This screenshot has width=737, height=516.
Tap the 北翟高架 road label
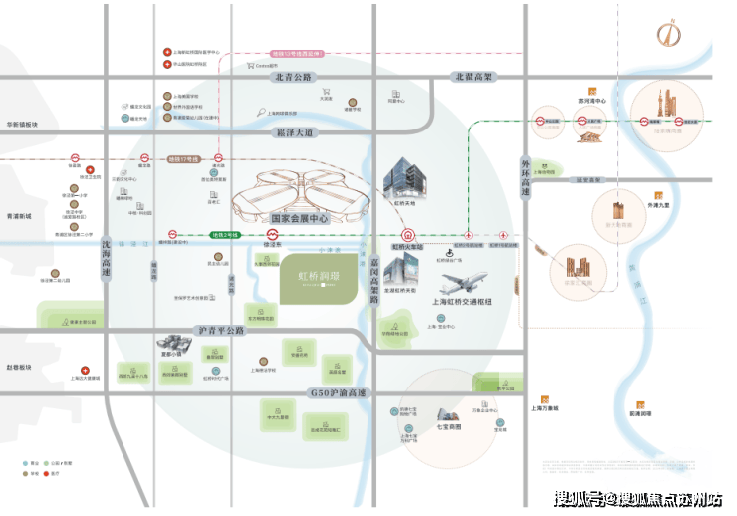[474, 77]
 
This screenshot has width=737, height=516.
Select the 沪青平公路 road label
[221, 329]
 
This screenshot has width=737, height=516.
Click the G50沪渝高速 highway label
[336, 393]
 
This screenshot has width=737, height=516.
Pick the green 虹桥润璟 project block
[311, 274]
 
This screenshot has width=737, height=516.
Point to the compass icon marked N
[665, 33]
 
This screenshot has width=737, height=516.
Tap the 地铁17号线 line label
[183, 158]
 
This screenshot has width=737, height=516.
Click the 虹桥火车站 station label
[407, 246]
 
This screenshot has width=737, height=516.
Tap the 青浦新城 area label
[17, 216]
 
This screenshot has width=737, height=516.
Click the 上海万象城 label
[544, 408]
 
